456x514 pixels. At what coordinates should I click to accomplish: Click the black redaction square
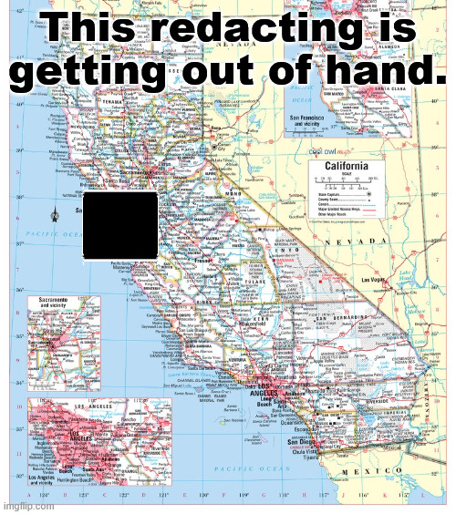point(120,222)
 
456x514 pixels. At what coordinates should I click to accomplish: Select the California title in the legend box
point(340,166)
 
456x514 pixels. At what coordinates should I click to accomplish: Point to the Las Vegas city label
point(375,280)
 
